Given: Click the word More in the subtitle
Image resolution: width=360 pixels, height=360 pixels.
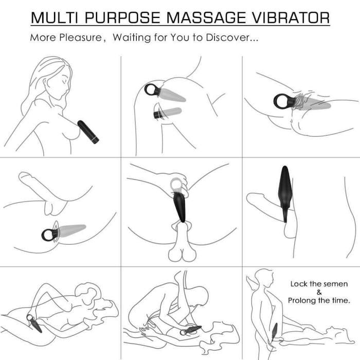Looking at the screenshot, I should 41,38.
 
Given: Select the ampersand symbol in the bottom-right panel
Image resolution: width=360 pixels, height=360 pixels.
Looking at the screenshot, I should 319,292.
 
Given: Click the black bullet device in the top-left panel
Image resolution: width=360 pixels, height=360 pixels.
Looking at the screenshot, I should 88,131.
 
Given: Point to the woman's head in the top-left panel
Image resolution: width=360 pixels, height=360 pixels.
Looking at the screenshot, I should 57,82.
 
